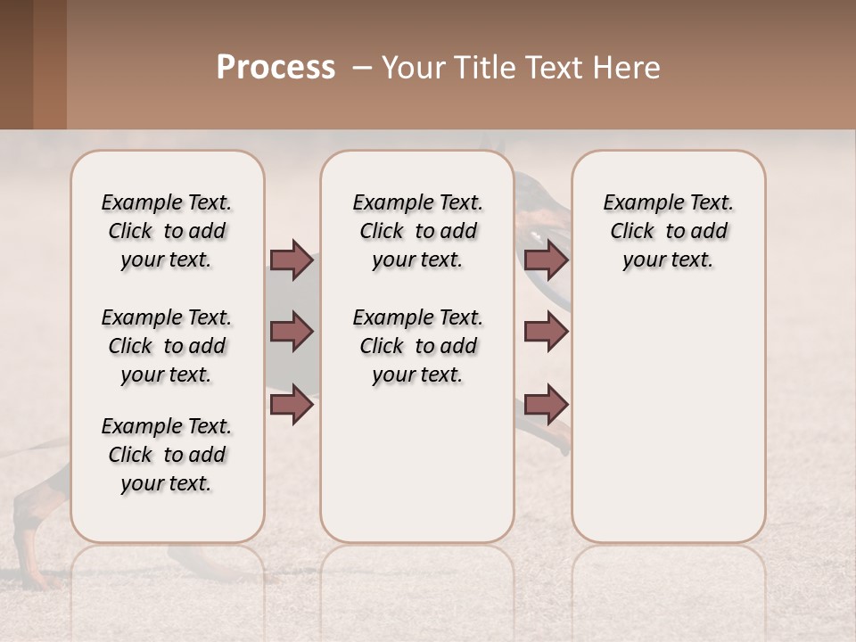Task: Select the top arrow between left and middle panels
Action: (292, 259)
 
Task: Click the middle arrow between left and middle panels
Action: (292, 332)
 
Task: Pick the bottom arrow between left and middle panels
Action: (292, 405)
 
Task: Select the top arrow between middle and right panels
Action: (546, 259)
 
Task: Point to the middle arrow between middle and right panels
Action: (546, 332)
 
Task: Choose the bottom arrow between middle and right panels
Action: (546, 405)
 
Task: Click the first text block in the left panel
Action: (167, 231)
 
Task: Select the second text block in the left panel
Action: (167, 346)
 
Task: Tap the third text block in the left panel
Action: (167, 455)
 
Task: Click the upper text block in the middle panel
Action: (417, 231)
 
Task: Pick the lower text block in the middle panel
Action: (417, 346)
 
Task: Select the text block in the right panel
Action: (668, 231)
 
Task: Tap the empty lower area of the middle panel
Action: (417, 464)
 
